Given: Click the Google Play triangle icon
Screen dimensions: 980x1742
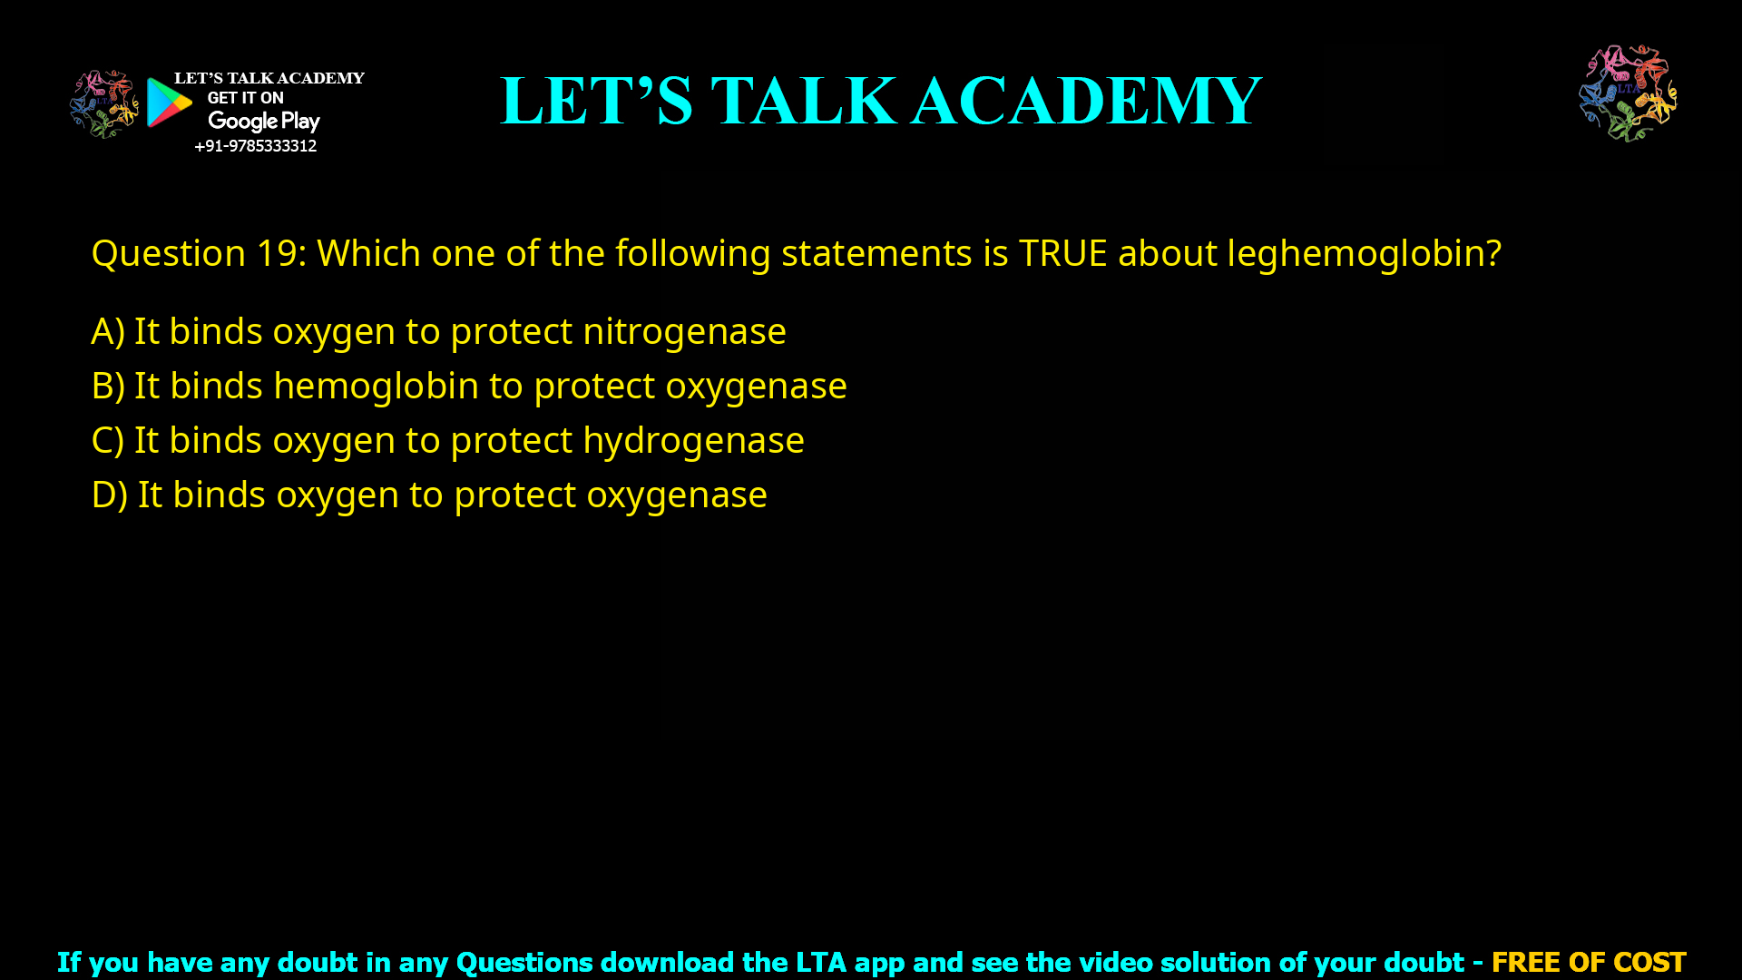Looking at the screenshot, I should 169,103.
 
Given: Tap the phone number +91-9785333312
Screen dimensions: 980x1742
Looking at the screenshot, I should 256,146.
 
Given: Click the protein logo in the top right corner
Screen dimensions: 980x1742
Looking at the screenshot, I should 1628,93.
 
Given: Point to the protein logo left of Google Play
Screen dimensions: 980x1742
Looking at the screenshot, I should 103,104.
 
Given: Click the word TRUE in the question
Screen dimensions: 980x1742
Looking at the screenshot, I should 1062,253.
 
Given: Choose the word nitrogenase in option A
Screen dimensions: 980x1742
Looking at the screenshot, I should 684,331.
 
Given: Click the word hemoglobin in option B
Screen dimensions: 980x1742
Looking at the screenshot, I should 376,386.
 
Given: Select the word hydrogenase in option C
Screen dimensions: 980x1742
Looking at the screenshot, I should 693,440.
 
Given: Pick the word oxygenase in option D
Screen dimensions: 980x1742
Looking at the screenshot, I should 677,495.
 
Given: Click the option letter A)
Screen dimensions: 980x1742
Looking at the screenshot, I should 108,331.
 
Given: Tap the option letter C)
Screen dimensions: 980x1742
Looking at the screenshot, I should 108,440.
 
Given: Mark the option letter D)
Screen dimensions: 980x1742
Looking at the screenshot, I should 109,495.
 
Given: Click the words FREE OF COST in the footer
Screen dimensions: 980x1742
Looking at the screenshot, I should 1589,962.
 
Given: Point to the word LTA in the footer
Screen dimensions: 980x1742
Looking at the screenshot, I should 820,962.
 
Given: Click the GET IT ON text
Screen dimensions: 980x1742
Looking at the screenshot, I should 245,98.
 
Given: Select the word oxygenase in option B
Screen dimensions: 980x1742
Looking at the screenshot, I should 756,387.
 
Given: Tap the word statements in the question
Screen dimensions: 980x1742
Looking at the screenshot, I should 876,253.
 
